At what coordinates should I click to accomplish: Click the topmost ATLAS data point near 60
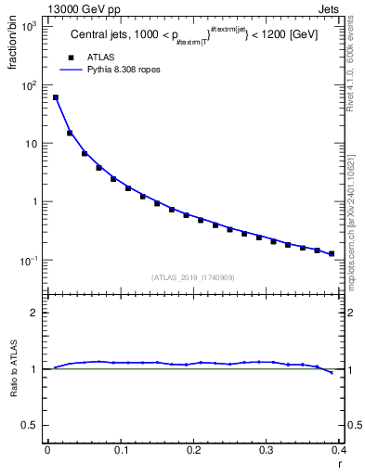click(56, 97)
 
